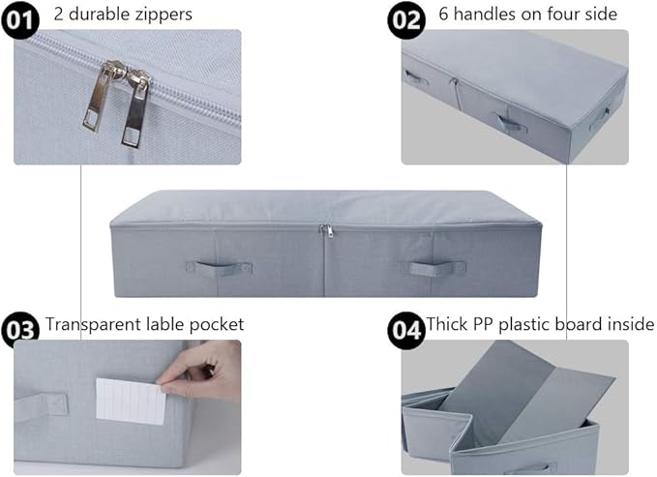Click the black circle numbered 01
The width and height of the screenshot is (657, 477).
[x=20, y=20]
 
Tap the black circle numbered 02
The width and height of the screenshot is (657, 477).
[x=406, y=20]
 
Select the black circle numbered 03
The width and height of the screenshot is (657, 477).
[x=20, y=330]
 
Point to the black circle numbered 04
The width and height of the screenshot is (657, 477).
[x=406, y=330]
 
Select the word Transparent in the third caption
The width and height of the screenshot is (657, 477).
[x=93, y=325]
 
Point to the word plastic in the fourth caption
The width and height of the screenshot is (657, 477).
[x=523, y=325]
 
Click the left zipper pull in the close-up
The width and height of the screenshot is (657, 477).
[x=103, y=96]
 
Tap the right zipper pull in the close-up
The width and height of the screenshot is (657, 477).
[x=135, y=108]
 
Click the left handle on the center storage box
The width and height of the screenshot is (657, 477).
[x=220, y=268]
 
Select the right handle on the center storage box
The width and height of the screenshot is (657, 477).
[x=433, y=268]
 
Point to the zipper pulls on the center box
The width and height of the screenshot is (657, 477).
[x=327, y=230]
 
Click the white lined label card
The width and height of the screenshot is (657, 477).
[x=131, y=402]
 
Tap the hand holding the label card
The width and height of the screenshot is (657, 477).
[x=200, y=369]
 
